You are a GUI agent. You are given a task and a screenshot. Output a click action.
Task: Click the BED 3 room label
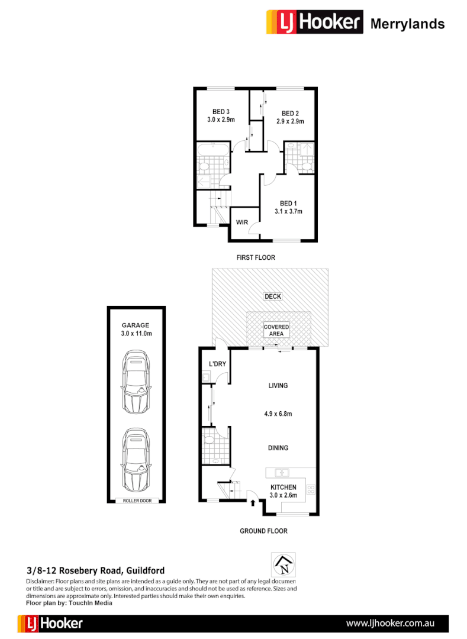(x=221, y=111)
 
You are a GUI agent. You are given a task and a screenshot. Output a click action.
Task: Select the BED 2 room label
(x=289, y=114)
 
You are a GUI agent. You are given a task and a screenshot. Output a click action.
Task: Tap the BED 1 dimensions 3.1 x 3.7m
(x=288, y=211)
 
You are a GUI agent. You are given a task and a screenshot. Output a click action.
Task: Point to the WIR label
(x=241, y=222)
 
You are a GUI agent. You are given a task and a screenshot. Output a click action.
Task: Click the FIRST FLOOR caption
(x=255, y=257)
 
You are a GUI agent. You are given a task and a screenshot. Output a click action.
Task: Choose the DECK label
(x=273, y=296)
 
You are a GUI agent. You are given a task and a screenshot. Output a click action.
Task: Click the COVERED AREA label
(x=276, y=330)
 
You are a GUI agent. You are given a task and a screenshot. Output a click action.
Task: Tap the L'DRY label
(x=217, y=364)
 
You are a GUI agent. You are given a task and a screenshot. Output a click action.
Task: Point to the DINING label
(x=278, y=448)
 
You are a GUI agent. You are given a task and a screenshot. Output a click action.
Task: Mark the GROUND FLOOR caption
(x=263, y=531)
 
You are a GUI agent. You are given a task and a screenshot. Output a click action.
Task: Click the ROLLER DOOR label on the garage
(x=137, y=501)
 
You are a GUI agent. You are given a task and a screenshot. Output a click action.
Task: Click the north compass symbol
(x=283, y=565)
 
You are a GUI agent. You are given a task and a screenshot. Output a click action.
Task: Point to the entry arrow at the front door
(x=253, y=503)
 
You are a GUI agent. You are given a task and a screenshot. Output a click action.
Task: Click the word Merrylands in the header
(x=407, y=24)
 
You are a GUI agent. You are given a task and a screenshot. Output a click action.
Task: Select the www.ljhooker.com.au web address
(x=391, y=623)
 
